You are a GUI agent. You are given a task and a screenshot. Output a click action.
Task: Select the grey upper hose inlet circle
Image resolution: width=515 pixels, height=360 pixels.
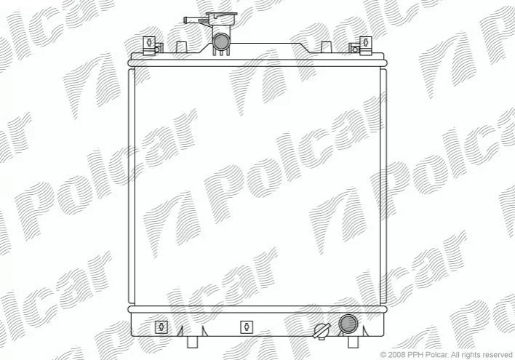(221, 41)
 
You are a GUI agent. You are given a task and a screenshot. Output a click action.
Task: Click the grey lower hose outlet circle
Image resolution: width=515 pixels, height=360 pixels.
(348, 324)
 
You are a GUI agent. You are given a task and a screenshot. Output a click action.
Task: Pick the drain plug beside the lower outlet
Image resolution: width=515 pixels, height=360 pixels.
(322, 330)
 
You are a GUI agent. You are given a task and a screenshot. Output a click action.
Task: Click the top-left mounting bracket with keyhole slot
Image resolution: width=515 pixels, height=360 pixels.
(149, 45)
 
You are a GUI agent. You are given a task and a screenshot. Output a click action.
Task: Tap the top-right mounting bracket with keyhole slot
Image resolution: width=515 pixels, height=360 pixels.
(366, 45)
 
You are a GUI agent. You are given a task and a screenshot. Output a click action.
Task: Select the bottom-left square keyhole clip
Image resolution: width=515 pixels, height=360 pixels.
(161, 327)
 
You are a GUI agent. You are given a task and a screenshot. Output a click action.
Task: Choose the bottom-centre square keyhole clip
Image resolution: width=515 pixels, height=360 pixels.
(247, 327)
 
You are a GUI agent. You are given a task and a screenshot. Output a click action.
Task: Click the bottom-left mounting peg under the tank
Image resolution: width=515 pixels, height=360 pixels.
(193, 342)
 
